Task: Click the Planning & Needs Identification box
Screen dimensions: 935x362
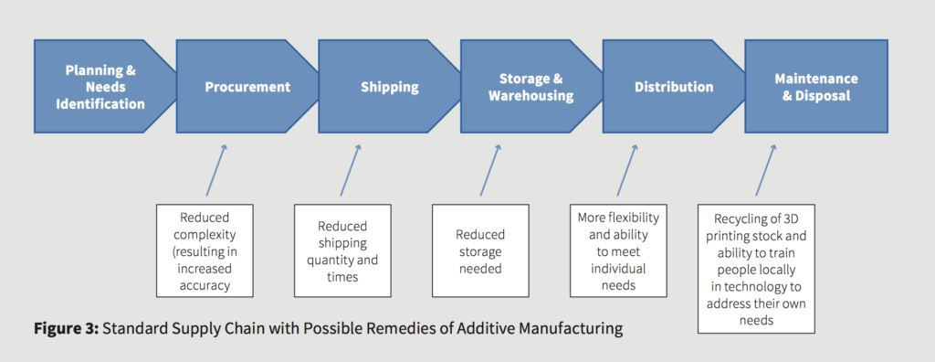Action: pyautogui.click(x=100, y=86)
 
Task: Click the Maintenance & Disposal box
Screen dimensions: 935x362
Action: pyautogui.click(x=815, y=86)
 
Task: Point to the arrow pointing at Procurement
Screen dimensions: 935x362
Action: pyautogui.click(x=215, y=170)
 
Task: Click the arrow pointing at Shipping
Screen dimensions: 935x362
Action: pyautogui.click(x=351, y=170)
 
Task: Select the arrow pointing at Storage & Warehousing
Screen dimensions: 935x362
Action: pyautogui.click(x=490, y=170)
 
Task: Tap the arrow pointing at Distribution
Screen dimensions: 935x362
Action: pyautogui.click(x=627, y=170)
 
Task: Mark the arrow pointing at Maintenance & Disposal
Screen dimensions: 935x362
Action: pyautogui.click(x=766, y=170)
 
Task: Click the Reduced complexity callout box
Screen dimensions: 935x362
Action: pyautogui.click(x=205, y=250)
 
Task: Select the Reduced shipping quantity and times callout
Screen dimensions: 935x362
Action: pyautogui.click(x=342, y=250)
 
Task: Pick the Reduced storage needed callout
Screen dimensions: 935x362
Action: pyautogui.click(x=480, y=250)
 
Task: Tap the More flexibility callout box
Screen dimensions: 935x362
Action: pyautogui.click(x=618, y=250)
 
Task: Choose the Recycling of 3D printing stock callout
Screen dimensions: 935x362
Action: pyautogui.click(x=756, y=269)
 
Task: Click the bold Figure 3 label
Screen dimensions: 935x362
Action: pyautogui.click(x=66, y=328)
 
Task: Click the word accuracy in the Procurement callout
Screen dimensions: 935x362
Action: pyautogui.click(x=204, y=285)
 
